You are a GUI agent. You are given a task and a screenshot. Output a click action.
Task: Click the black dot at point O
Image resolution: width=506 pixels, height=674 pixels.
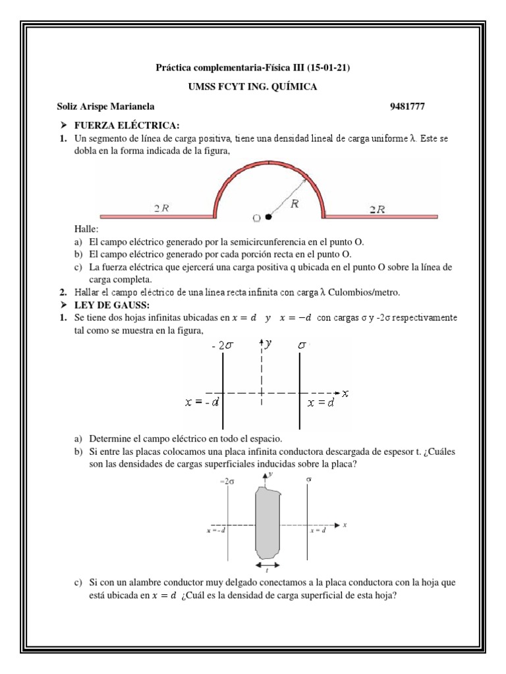pyautogui.click(x=269, y=216)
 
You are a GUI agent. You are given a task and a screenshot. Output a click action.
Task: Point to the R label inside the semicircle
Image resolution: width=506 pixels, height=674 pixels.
pyautogui.click(x=295, y=204)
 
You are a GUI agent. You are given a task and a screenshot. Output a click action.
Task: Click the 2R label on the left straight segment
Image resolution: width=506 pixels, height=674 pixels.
pyautogui.click(x=161, y=209)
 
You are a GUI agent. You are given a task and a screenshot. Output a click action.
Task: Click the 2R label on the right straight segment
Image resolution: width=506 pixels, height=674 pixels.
pyautogui.click(x=377, y=209)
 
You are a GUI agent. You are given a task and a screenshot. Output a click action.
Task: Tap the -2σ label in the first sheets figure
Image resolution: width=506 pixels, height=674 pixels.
pyautogui.click(x=222, y=344)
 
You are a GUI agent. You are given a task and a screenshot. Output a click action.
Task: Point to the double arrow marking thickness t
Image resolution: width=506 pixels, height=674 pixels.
pyautogui.click(x=267, y=565)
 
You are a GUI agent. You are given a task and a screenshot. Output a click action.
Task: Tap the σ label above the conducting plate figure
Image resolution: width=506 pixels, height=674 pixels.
pyautogui.click(x=308, y=480)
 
